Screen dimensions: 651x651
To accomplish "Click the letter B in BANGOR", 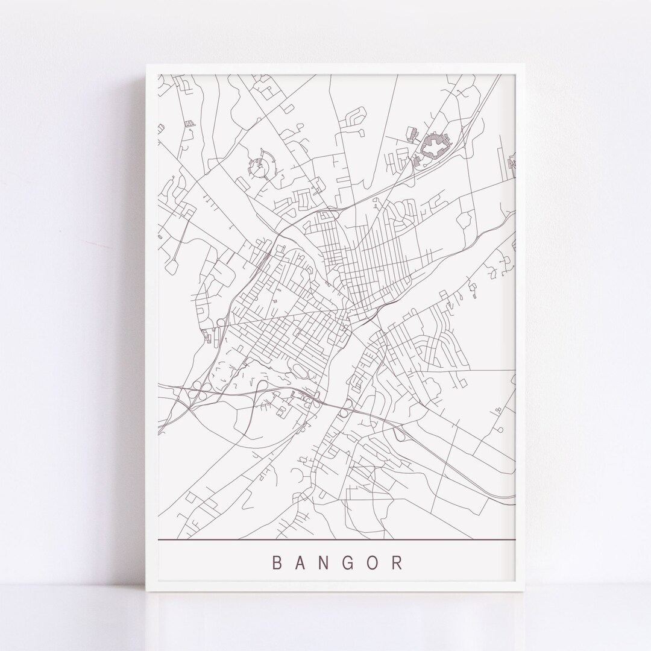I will point(277,563).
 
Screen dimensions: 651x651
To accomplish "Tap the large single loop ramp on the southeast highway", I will point(398,432).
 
